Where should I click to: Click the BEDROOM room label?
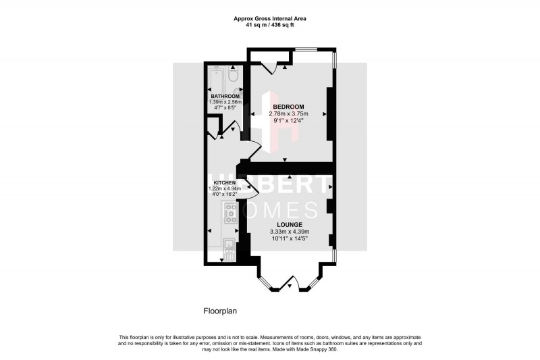click(288, 107)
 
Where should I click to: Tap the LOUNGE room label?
click(288, 224)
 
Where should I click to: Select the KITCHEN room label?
click(224, 183)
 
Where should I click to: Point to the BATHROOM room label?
click(225, 97)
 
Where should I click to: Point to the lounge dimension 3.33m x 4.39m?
click(288, 232)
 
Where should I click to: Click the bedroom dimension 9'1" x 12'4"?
click(288, 121)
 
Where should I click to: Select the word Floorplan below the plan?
click(220, 311)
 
